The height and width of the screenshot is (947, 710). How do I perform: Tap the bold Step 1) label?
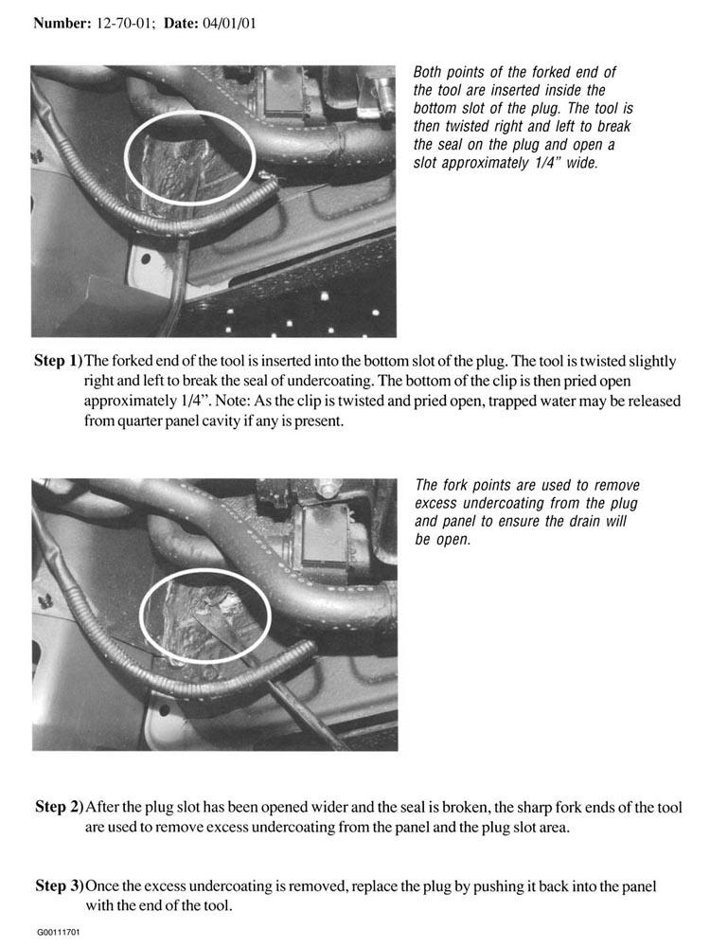coord(58,361)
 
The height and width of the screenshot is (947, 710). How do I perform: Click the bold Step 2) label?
coord(59,808)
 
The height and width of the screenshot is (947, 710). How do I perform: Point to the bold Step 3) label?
coord(59,886)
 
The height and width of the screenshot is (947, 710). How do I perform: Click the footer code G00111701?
coord(58,932)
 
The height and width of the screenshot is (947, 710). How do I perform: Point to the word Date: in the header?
coord(179,24)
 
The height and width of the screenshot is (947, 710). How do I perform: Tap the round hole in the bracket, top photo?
coord(146,259)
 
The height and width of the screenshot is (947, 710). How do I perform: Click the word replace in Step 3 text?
coord(374,887)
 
